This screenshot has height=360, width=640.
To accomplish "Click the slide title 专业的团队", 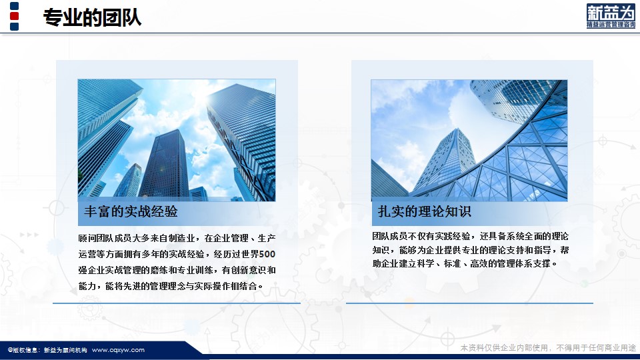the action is [92, 17].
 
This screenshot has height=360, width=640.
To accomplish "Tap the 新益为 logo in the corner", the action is [611, 16].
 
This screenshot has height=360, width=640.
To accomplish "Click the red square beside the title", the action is [14, 16].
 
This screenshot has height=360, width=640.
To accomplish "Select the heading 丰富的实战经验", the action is [131, 211].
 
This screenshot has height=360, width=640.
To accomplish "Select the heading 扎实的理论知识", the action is [425, 211].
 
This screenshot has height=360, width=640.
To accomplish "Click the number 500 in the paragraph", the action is [267, 254].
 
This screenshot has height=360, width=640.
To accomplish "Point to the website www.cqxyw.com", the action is [118, 350].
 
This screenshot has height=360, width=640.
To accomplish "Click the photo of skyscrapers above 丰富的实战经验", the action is [177, 140].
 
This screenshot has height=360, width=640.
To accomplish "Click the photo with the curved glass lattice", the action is [469, 140].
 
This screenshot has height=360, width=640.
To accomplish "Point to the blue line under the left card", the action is [176, 303].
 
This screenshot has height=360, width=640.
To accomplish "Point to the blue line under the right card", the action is [469, 303].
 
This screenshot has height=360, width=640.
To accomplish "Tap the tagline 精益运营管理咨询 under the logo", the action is [611, 25].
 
